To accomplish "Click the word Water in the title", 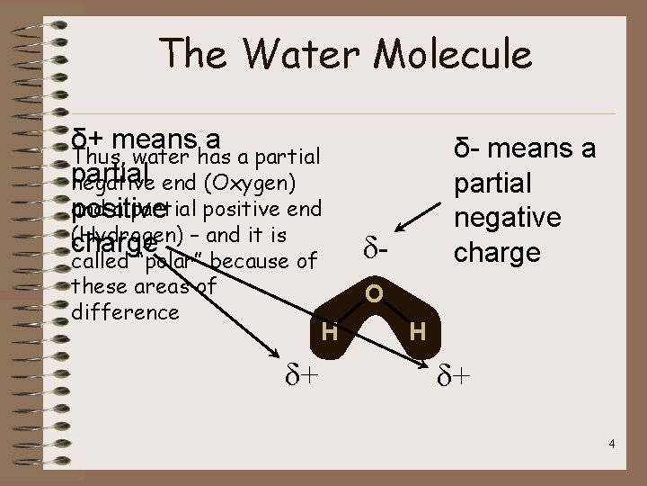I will click(297, 54).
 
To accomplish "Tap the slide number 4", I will click(610, 444).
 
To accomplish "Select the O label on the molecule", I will click(374, 294).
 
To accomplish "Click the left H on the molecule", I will click(330, 332).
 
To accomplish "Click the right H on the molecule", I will click(417, 332).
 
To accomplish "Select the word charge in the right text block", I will click(497, 251).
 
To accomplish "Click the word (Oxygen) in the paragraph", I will click(249, 183).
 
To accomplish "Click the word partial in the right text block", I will click(492, 184).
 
